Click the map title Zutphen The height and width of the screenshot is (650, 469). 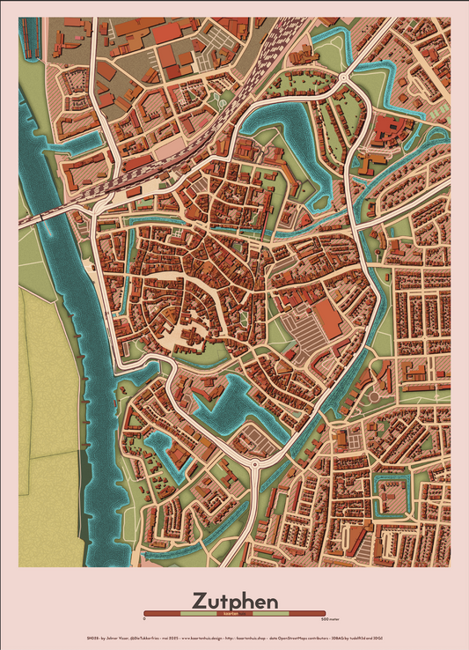(x=234, y=597)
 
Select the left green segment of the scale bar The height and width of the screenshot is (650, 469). (x=195, y=613)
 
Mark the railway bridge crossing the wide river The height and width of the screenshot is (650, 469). (x=53, y=215)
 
